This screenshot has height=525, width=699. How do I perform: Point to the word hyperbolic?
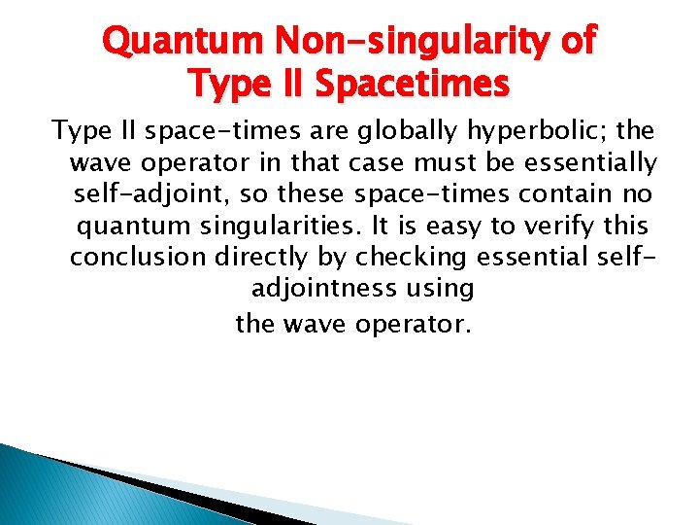pyautogui.click(x=527, y=130)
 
